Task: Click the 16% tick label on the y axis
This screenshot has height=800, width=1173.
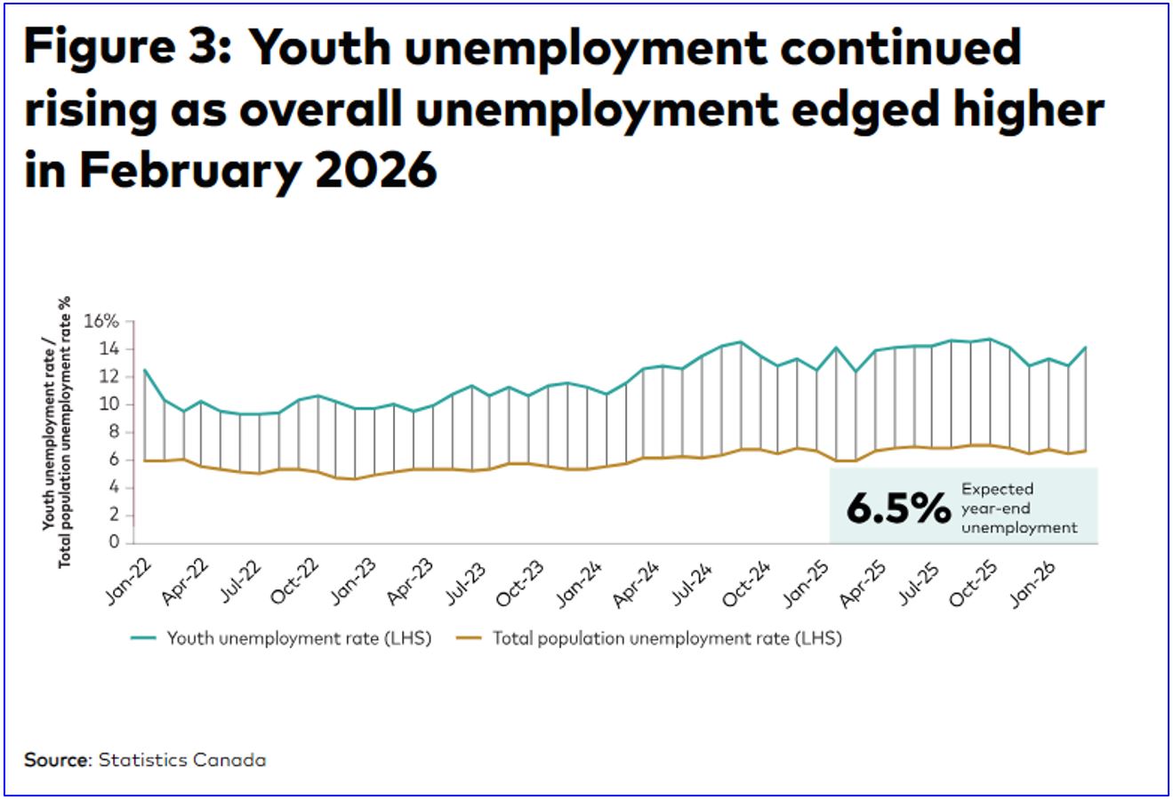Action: coord(101,322)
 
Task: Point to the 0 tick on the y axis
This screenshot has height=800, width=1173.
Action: coord(115,542)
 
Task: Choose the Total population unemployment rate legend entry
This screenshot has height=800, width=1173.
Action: coord(649,638)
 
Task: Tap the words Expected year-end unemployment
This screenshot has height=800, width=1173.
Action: coord(1018,508)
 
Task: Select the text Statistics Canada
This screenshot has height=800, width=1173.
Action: coord(181,760)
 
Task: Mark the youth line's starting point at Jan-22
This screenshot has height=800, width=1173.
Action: coord(144,370)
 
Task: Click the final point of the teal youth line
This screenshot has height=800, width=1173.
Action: coord(1086,348)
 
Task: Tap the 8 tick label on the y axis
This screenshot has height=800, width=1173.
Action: coord(113,432)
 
